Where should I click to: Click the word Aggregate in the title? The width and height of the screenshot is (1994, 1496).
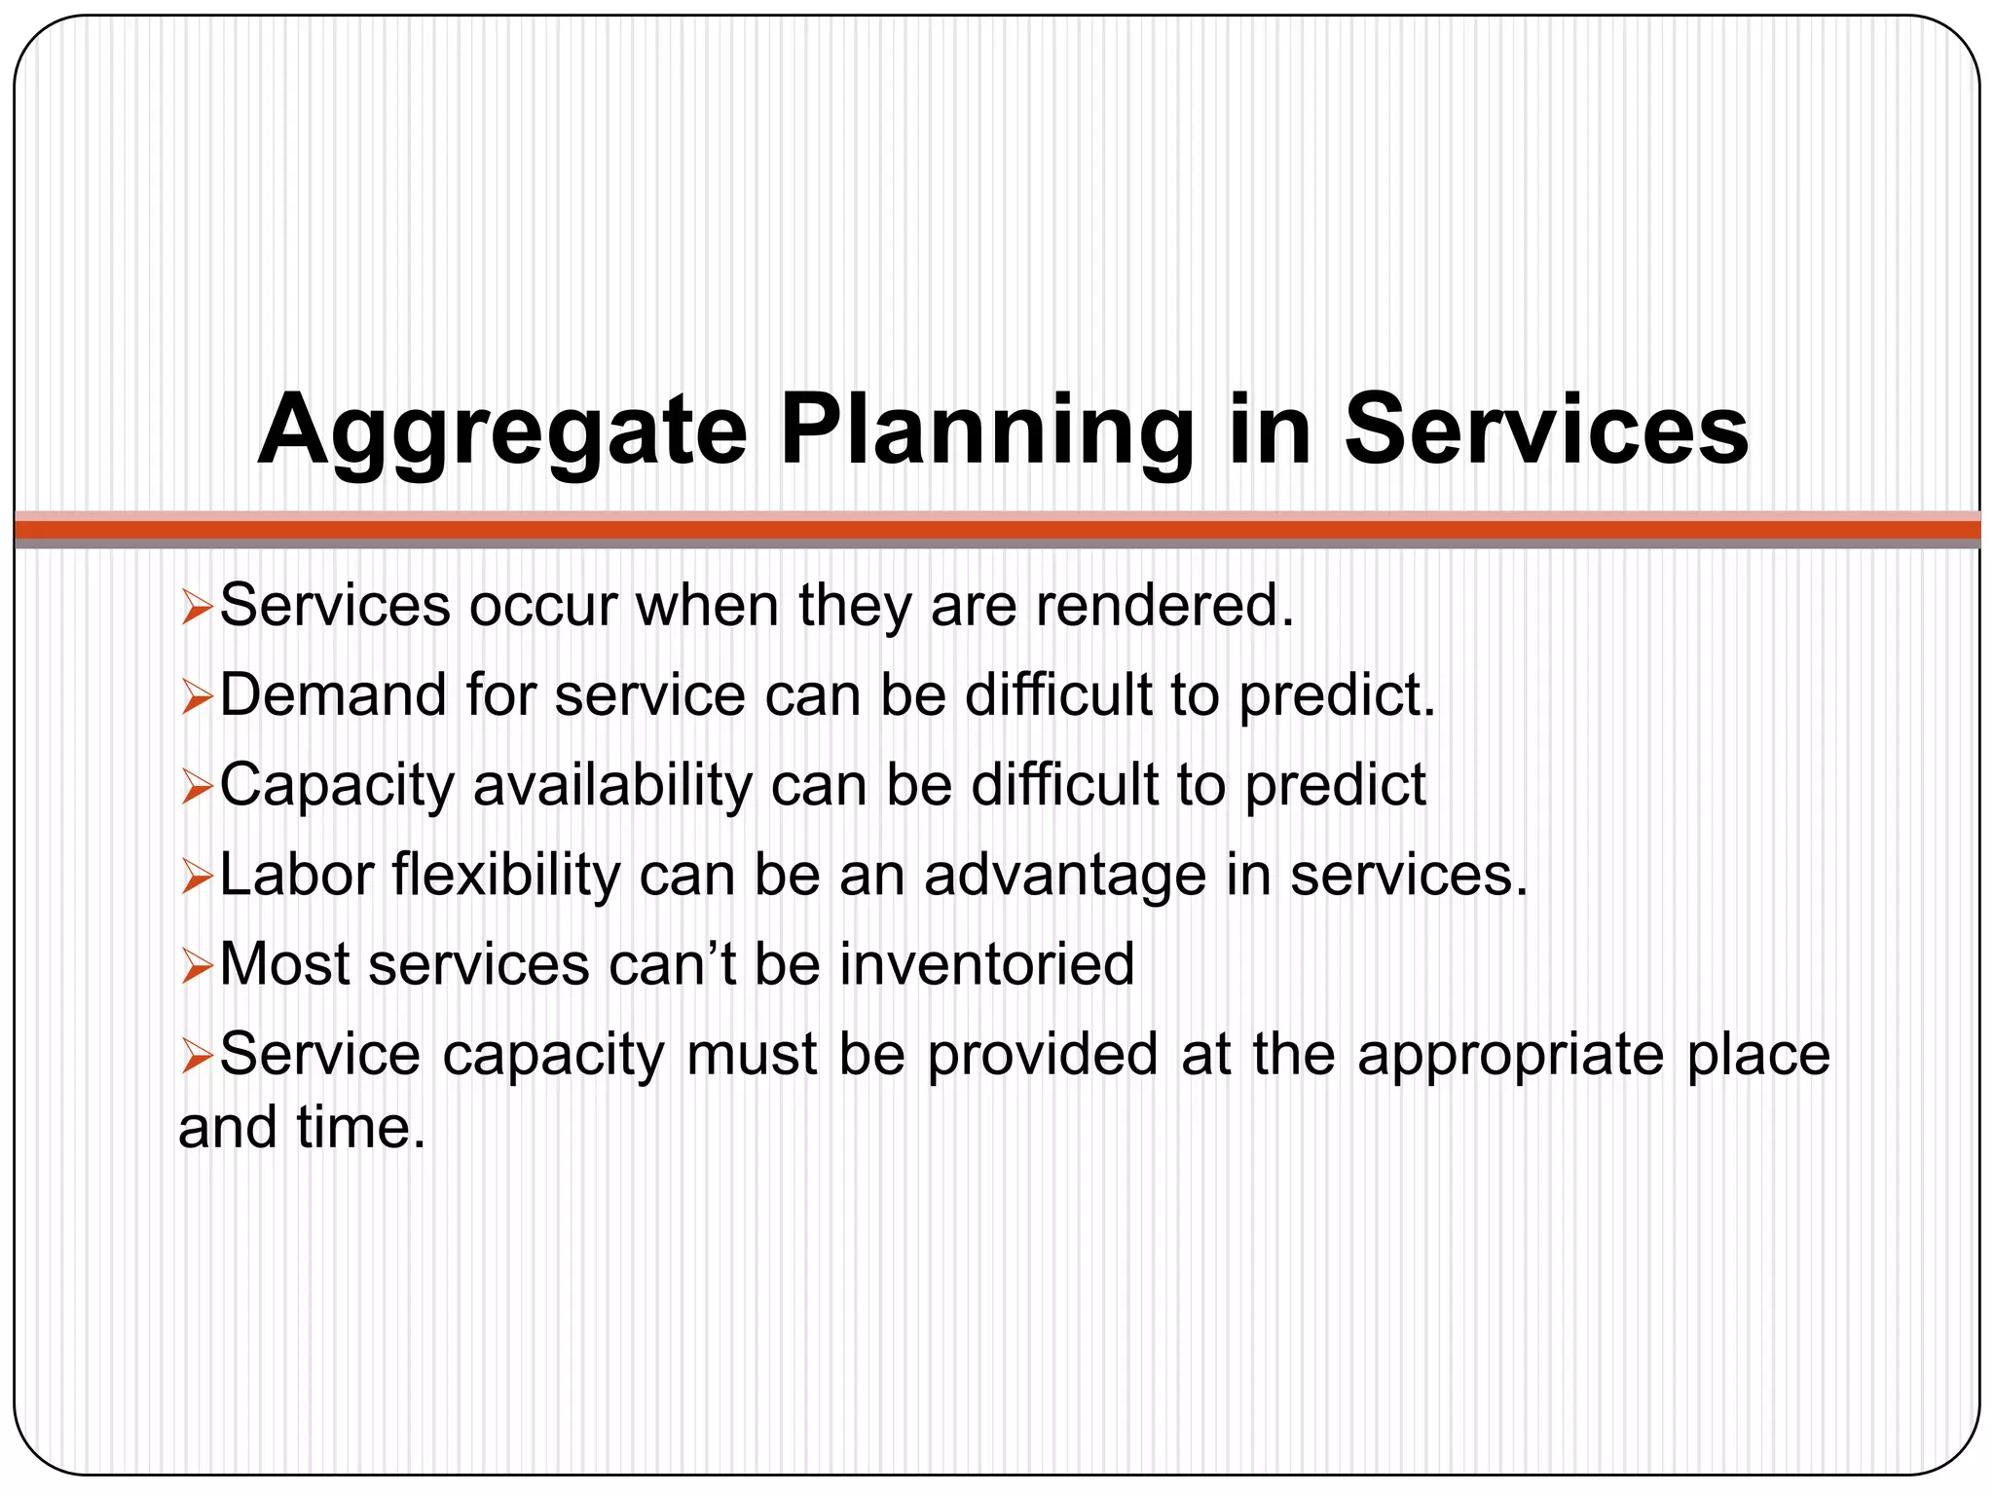[501, 431]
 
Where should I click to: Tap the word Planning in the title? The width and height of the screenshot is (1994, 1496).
[986, 431]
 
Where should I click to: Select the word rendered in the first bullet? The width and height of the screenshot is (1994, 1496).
[1164, 606]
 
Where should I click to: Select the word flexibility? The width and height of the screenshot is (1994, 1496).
[506, 875]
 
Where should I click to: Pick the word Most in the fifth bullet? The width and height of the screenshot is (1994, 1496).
[285, 964]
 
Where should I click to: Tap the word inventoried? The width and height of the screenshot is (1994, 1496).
[987, 964]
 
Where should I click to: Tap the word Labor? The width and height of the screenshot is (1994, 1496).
[296, 875]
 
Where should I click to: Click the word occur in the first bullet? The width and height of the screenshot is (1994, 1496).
[543, 606]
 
